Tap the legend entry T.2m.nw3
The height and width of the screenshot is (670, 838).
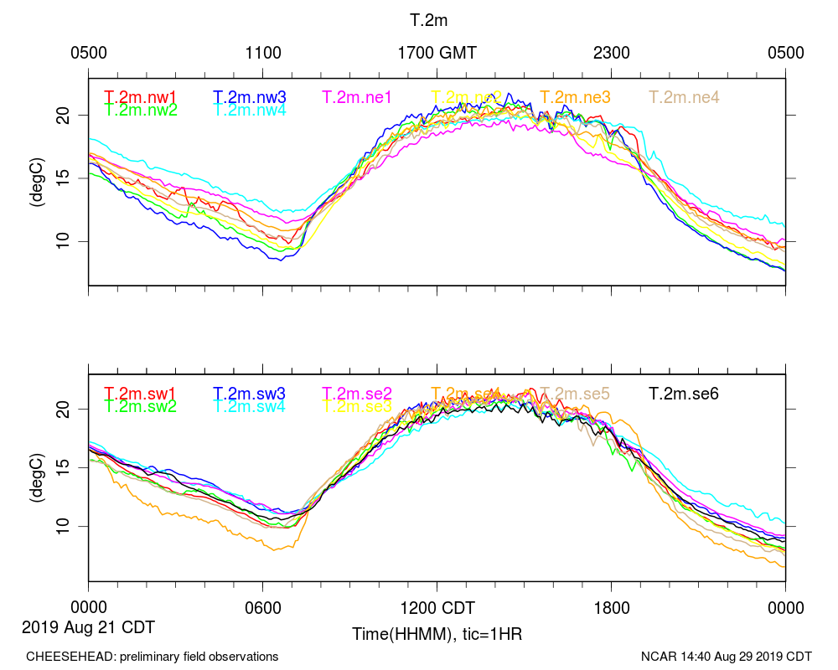[250, 97]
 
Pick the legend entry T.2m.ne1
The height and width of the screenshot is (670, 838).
[357, 97]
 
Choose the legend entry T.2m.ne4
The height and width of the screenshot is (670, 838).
[685, 97]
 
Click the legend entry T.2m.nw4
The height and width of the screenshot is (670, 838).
[250, 110]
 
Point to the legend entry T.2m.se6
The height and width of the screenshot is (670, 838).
[685, 393]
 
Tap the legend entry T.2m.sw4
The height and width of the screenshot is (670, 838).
[250, 406]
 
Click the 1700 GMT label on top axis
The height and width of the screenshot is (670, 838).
[437, 53]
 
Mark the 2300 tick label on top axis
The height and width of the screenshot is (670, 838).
[611, 53]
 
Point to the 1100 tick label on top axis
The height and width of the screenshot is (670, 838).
[263, 53]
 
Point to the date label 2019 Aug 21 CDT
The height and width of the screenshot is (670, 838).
[88, 626]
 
